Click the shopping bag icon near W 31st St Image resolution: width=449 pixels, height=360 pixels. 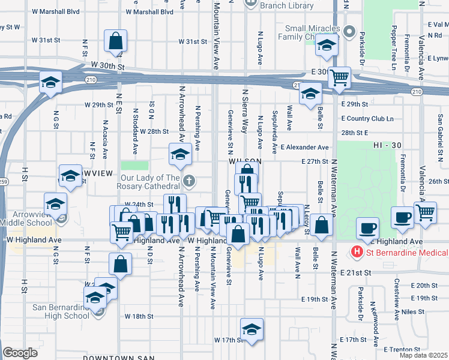(115, 41)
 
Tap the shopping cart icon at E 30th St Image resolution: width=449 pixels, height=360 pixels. (340, 77)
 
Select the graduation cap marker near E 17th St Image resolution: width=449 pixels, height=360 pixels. (252, 329)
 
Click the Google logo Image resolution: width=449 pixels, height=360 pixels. (20, 353)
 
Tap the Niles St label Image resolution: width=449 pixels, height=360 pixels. (410, 311)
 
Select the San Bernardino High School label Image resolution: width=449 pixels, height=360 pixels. (61, 312)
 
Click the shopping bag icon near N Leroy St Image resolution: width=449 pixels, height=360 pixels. (322, 225)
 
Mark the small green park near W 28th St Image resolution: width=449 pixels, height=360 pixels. (134, 166)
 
